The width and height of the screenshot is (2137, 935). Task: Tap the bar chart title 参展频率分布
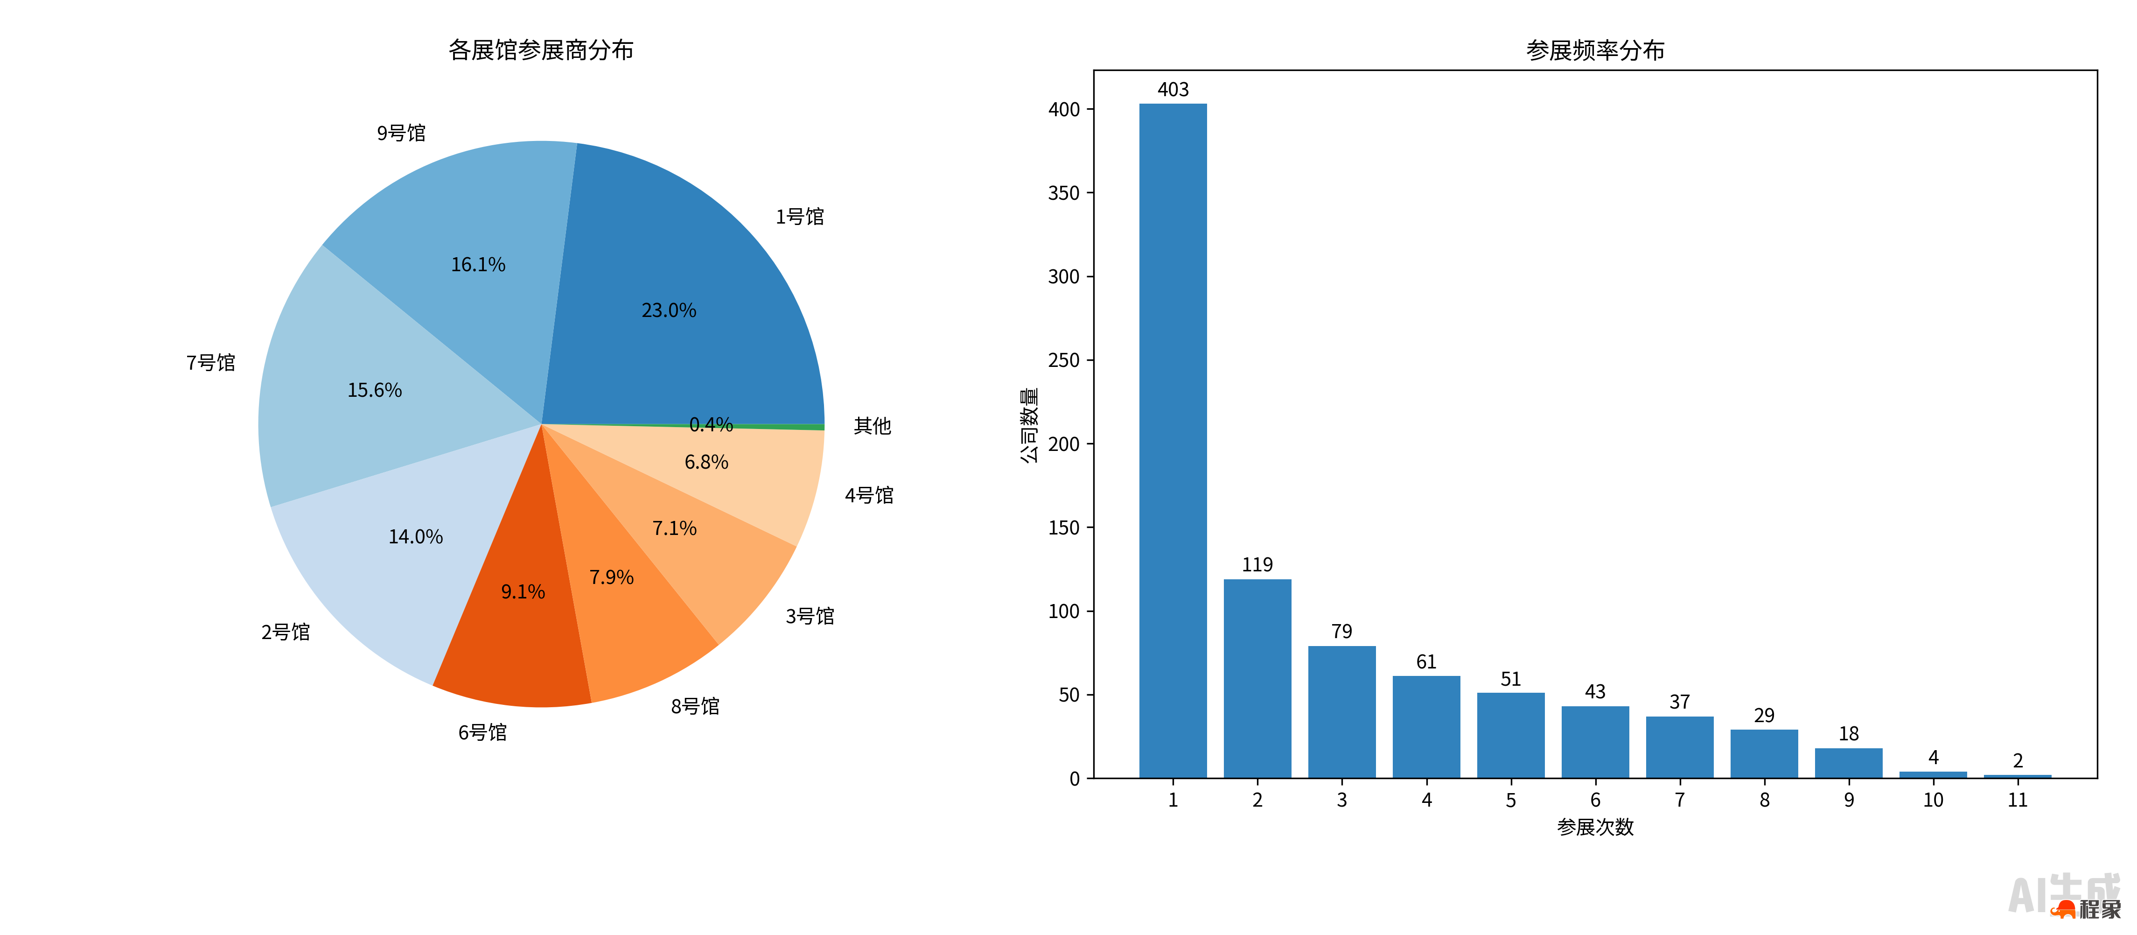tap(1594, 50)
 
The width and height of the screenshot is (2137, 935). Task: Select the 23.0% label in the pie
tap(669, 310)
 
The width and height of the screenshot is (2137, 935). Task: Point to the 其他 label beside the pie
tap(872, 426)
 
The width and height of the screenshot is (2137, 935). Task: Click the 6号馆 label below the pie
tap(482, 732)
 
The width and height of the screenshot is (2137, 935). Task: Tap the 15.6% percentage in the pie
tap(374, 390)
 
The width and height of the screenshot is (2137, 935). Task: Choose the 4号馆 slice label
tap(869, 495)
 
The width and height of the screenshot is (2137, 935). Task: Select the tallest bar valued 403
tap(1172, 440)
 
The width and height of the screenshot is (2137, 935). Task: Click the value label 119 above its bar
tap(1257, 565)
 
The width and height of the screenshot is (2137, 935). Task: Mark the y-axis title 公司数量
tap(1029, 425)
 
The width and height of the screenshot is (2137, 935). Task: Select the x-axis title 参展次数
tap(1594, 827)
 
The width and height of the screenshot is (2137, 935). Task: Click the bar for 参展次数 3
tap(1341, 712)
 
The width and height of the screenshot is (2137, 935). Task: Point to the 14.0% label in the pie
tap(416, 537)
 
